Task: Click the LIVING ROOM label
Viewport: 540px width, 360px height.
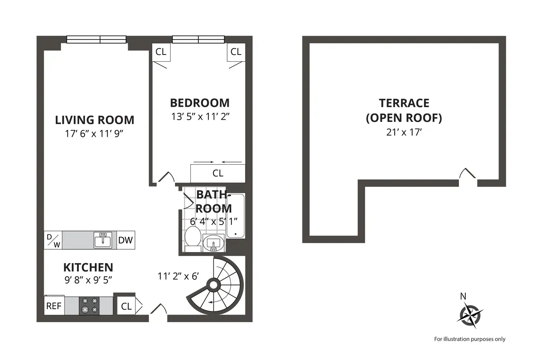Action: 94,120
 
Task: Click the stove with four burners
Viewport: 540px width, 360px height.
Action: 90,305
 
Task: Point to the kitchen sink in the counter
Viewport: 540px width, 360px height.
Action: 103,240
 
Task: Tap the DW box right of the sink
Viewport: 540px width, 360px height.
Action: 126,240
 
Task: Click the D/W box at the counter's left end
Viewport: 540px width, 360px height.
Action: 53,240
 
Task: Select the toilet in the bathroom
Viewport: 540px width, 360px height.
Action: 193,238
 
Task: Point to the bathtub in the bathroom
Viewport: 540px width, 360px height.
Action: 235,216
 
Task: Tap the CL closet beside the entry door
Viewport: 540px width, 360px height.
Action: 126,306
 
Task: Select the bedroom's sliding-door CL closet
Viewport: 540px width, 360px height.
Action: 218,173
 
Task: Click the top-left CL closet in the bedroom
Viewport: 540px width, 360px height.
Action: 161,52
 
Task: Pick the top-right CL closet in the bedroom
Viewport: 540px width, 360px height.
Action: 236,52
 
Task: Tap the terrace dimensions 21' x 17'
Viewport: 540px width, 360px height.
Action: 404,133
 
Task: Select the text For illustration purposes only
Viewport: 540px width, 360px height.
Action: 469,339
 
